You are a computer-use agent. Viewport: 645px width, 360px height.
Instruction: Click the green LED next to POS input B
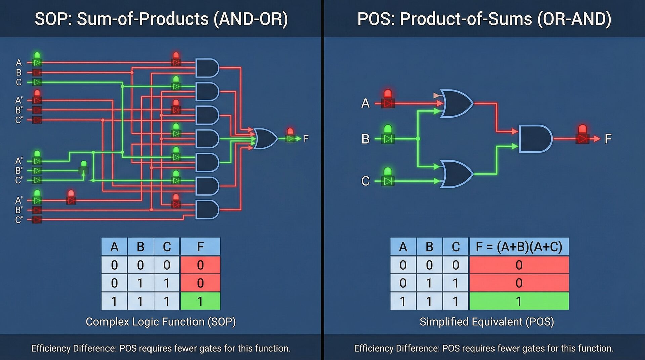click(x=388, y=134)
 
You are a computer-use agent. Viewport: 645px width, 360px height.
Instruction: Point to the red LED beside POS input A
click(x=388, y=98)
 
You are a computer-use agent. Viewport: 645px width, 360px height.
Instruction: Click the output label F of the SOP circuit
click(x=306, y=138)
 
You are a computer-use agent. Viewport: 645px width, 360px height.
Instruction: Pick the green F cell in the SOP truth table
click(x=200, y=301)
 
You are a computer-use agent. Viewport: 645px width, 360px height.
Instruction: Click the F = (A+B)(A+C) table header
click(x=519, y=247)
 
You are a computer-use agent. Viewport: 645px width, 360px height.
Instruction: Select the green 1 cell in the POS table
click(x=519, y=301)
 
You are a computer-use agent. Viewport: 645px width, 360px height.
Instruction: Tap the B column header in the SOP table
click(x=140, y=247)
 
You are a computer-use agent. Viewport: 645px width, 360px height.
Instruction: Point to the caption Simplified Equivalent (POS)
click(x=486, y=322)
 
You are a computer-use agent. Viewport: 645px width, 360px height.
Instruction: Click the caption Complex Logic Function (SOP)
click(x=161, y=322)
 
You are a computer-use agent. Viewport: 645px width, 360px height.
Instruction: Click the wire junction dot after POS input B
click(x=418, y=139)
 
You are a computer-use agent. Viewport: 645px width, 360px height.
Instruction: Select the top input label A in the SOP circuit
click(x=19, y=62)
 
